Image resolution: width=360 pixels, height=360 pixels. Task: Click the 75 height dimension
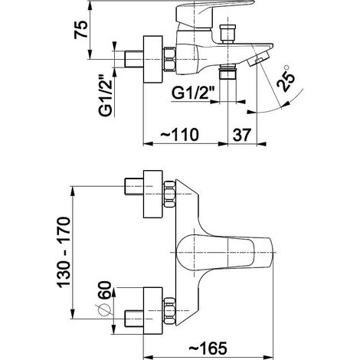(x=81, y=30)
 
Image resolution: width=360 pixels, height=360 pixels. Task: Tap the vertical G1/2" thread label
(x=106, y=96)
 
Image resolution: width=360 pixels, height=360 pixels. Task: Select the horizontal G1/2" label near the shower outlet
(x=193, y=93)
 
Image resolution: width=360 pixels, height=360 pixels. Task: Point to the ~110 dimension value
(x=179, y=134)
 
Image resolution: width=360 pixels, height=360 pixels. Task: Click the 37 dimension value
(x=242, y=135)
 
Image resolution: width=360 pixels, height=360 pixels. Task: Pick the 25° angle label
(x=286, y=78)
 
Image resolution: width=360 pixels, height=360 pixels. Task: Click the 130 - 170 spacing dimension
(x=63, y=252)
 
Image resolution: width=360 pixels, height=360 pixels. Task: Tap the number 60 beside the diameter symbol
(x=105, y=290)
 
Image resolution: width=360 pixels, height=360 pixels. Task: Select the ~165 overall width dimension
(x=208, y=349)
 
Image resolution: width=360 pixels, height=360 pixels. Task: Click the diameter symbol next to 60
(x=103, y=310)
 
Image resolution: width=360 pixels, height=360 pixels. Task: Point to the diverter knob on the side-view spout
(x=228, y=34)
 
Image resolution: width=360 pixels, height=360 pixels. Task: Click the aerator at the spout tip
(x=258, y=59)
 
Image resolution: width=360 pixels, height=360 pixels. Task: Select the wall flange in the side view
(x=153, y=59)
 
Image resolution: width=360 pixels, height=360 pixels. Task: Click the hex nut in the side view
(x=169, y=59)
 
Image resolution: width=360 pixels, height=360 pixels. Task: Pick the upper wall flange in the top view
(x=153, y=194)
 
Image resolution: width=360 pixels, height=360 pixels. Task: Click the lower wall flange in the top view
(x=153, y=311)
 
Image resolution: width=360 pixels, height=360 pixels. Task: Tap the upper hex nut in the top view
(x=169, y=194)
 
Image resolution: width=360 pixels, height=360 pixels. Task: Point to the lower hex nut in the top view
(x=169, y=311)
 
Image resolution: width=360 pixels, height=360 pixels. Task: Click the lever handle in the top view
(x=224, y=252)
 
